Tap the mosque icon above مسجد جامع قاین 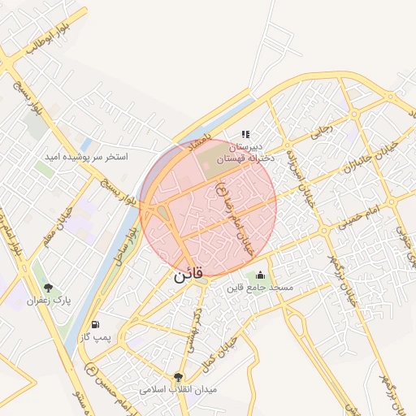pos(260,275)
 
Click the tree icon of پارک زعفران pos(48,288)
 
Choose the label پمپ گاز pos(94,336)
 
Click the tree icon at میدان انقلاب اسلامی pos(178,377)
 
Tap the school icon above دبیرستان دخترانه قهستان pos(245,134)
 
